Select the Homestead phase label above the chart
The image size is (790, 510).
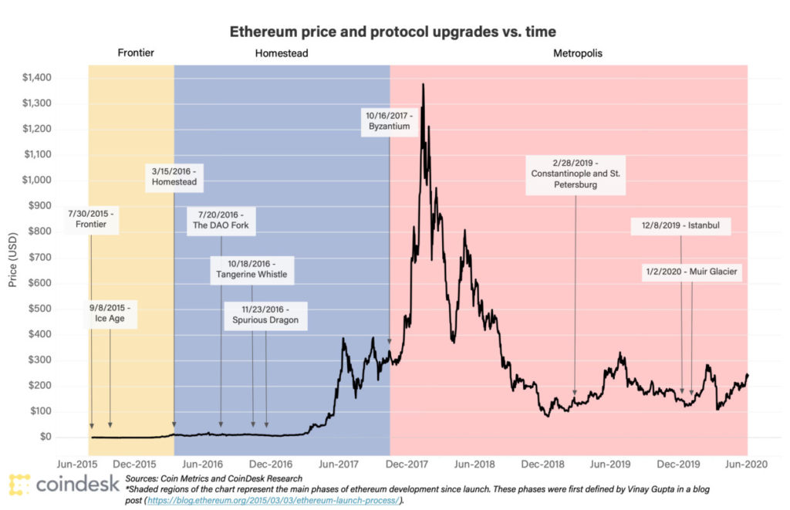[x=281, y=53]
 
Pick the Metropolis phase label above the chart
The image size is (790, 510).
[x=578, y=53]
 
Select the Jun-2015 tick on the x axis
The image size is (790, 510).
[x=76, y=464]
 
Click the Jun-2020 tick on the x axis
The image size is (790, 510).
[x=745, y=464]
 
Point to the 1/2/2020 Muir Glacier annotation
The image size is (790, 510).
[x=692, y=272]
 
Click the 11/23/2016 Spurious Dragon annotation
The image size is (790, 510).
[x=265, y=313]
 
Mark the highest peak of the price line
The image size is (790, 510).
[x=423, y=85]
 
